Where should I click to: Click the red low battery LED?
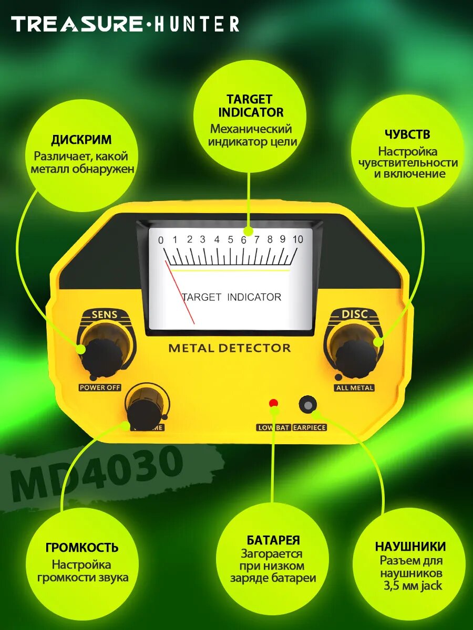click(x=273, y=403)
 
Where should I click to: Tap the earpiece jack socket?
click(x=308, y=405)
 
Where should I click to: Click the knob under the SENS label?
click(x=104, y=355)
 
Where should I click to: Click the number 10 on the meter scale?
click(x=297, y=239)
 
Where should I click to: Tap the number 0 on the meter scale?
click(x=161, y=240)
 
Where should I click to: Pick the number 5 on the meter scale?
click(x=230, y=240)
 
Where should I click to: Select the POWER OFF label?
click(x=100, y=388)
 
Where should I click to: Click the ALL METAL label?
click(x=354, y=388)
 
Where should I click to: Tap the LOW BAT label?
click(x=273, y=427)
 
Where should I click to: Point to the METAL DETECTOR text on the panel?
click(x=229, y=348)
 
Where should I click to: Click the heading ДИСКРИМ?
click(x=81, y=140)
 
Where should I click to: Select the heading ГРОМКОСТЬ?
click(x=81, y=548)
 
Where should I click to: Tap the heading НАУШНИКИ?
click(x=410, y=547)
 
